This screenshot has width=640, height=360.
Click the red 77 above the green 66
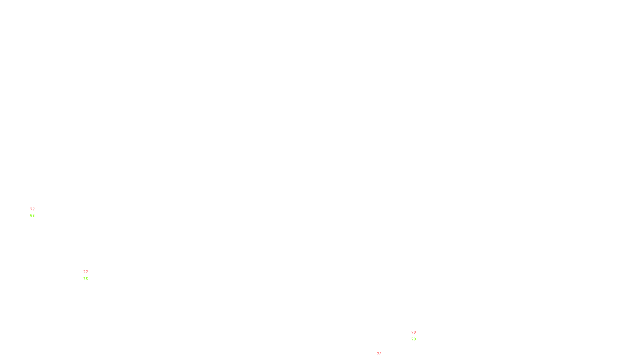pos(32,209)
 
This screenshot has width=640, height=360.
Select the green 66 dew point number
pos(32,216)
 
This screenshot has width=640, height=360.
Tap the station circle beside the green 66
pos(36,212)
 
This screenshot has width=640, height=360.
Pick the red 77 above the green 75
pos(86,272)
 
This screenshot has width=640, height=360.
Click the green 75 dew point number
pos(86,279)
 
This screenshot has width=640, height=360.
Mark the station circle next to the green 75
pos(89,275)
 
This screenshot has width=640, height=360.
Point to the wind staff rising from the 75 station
pos(90,270)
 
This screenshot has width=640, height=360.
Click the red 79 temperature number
pos(414,332)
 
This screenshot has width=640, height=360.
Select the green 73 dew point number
pos(414,339)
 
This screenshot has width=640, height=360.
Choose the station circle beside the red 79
pos(418,336)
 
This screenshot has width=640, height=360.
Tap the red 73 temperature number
pos(379,354)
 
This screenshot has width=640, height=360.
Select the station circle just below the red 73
pos(383,358)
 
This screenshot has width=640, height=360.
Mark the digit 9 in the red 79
pos(415,332)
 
